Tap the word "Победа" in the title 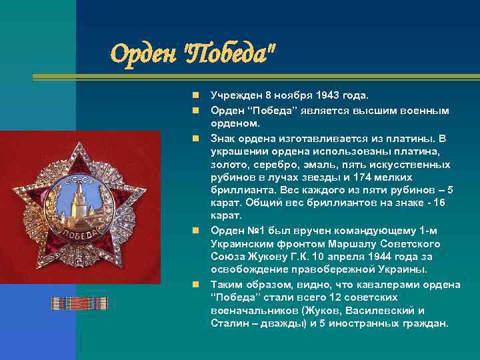227,51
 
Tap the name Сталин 229,323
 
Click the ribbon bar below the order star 79,303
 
